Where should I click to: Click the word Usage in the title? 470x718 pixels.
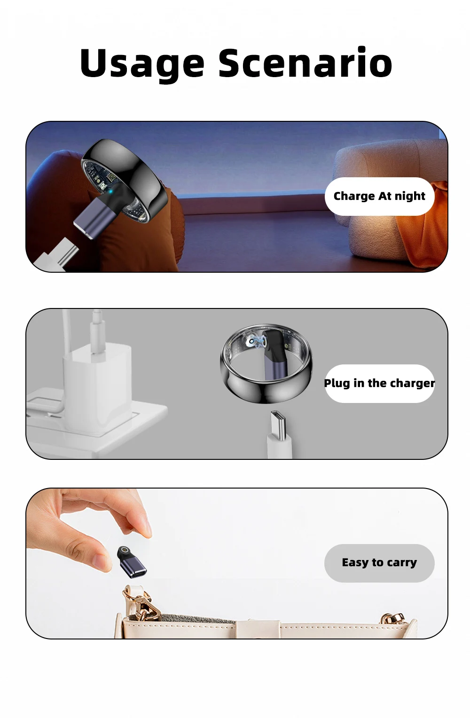pos(142,63)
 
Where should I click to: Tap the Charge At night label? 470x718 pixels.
pos(379,196)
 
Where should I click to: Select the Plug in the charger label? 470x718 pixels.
pos(379,383)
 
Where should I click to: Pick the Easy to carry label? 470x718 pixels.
pos(379,562)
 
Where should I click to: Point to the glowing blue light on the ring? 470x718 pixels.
pos(110,192)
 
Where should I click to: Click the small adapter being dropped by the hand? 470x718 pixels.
pos(131,562)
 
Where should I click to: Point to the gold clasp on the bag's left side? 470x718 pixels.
pos(141,603)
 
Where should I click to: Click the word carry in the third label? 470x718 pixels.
pos(402,563)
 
